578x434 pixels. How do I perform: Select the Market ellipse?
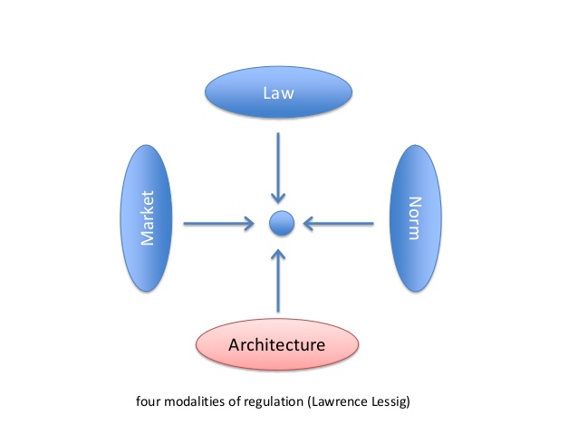coord(145,217)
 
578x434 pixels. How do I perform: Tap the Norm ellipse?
coord(414,217)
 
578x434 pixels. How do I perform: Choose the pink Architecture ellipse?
coord(277,343)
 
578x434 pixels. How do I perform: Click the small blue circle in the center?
coord(280,222)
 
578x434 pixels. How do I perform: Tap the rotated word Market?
coord(146,217)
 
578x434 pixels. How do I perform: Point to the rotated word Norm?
coord(414,217)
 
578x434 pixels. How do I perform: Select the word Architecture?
coord(277,344)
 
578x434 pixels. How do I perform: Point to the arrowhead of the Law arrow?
coord(280,197)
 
